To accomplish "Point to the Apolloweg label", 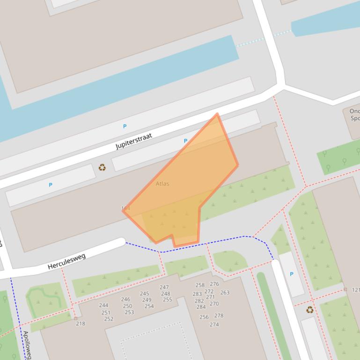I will (27, 345).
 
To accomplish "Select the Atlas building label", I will (162, 184).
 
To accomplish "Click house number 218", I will (81, 324).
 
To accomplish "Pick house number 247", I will (164, 288).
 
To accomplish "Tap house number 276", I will (214, 284).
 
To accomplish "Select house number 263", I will (225, 293).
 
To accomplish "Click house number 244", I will (103, 305).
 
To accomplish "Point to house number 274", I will (214, 324).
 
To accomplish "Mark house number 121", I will (356, 290).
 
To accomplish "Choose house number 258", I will (200, 285).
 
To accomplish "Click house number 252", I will (109, 319).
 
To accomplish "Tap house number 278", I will (219, 316).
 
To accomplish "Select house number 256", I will (204, 317).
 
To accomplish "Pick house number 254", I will (149, 306).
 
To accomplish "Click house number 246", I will (125, 299).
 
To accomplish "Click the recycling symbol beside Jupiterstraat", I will (102, 167).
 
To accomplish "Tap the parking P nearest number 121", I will (292, 274).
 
